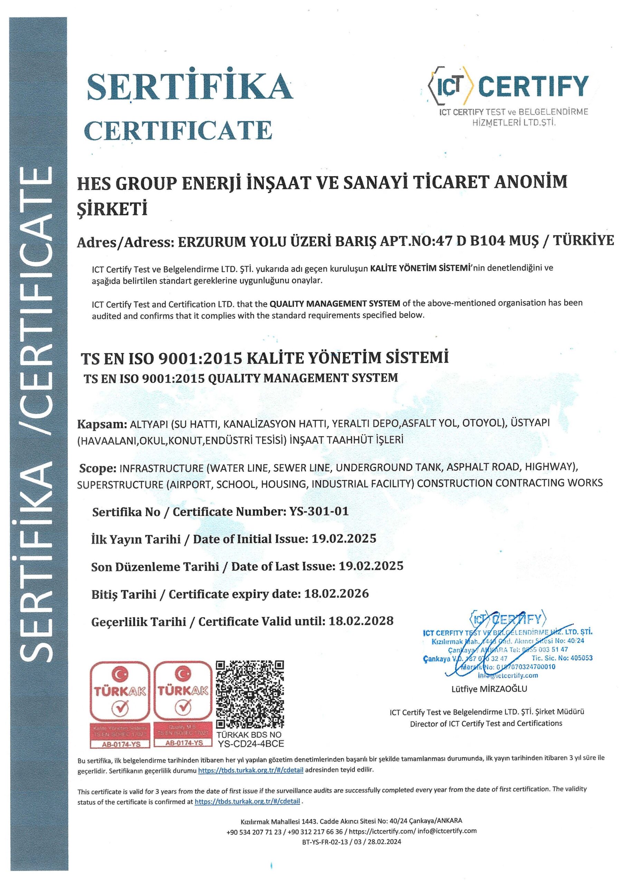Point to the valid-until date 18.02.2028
click(361, 621)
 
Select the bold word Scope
click(97, 468)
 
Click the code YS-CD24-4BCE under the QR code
click(251, 744)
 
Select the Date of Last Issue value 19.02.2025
click(371, 566)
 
